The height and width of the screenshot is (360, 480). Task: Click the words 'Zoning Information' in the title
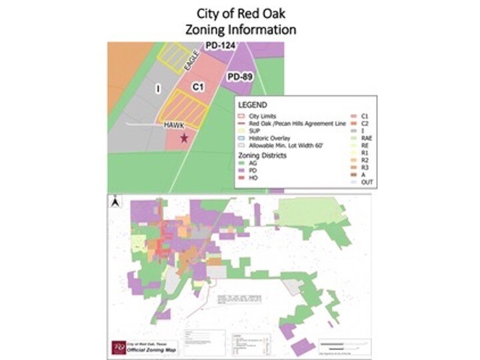[x=240, y=29]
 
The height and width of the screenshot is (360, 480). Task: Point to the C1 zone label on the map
[x=197, y=87]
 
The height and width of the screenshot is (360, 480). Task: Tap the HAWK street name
[x=173, y=125]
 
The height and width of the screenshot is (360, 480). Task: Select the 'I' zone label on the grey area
[x=158, y=88]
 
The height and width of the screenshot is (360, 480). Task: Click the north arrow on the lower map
[x=115, y=199]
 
